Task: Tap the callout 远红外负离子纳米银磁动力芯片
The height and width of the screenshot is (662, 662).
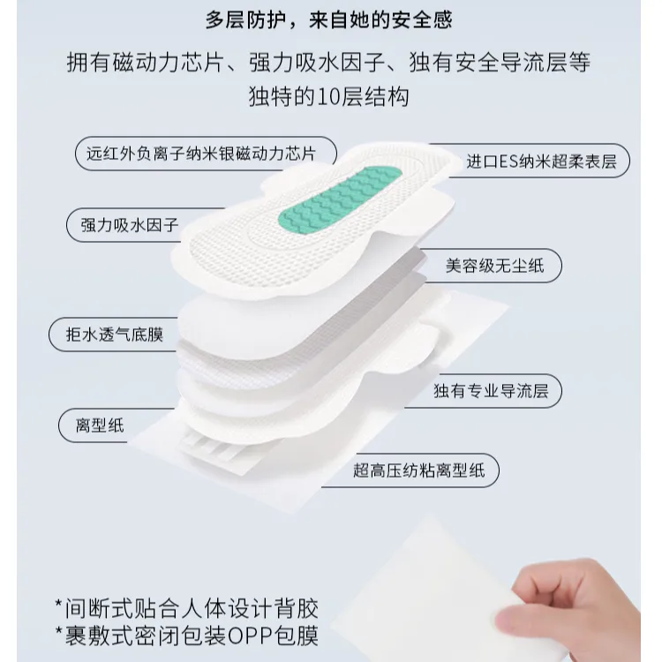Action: tap(201, 154)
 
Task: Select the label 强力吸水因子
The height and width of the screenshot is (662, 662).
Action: tap(130, 225)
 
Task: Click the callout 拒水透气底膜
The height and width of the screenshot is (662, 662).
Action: tap(115, 335)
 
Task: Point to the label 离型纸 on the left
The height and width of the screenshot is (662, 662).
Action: tap(100, 425)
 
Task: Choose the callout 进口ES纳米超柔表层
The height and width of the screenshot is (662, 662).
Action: tap(541, 162)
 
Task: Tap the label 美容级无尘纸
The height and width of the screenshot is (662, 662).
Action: tap(495, 266)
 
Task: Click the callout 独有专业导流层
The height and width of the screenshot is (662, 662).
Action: tap(491, 391)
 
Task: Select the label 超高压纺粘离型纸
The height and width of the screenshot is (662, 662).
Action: tap(418, 470)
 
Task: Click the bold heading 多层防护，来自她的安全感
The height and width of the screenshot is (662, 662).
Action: tap(329, 19)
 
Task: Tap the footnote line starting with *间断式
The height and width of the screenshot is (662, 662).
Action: tap(186, 608)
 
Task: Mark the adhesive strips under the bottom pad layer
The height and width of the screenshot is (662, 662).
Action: tap(209, 447)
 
